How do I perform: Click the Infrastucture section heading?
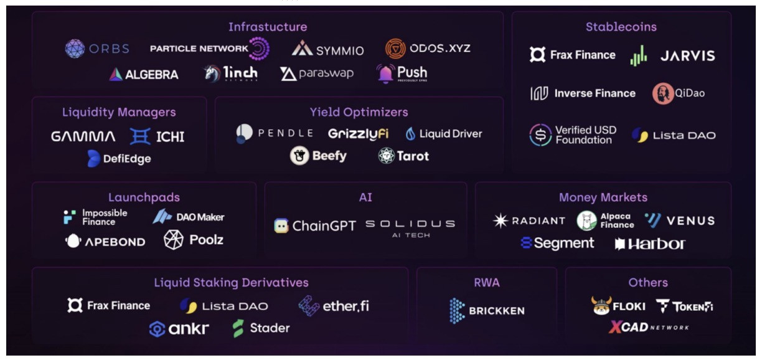tap(267, 27)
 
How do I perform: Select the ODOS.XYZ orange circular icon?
tap(395, 49)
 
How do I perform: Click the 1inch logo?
tap(230, 73)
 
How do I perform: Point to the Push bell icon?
tap(385, 73)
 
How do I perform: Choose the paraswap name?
tap(326, 73)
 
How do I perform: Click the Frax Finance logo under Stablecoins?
tap(572, 55)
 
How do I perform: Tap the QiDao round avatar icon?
tap(662, 93)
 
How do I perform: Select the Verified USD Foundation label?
tap(585, 135)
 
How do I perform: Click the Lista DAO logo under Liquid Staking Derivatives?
tap(223, 306)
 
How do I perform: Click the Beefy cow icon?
tap(299, 156)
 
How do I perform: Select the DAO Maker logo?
tap(188, 217)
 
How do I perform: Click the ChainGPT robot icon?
tap(281, 225)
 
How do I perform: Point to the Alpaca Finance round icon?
tap(586, 220)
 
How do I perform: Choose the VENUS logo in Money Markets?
tap(679, 220)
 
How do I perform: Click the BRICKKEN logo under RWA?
tap(487, 310)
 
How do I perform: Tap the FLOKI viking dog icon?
tap(601, 306)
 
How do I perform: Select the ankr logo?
tap(179, 329)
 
